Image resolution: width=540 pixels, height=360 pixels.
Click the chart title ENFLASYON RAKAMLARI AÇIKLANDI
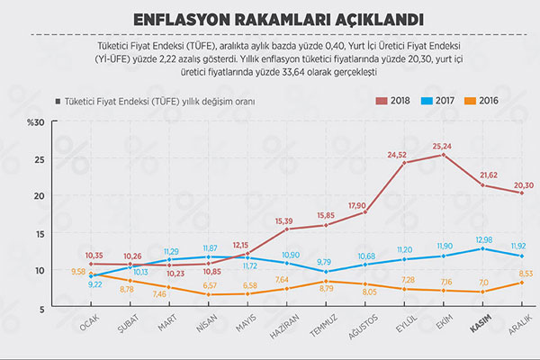pyautogui.click(x=270, y=17)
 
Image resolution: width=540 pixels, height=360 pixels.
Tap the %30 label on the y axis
pyautogui.click(x=34, y=122)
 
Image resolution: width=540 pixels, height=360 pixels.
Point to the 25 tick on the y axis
pyautogui.click(x=38, y=158)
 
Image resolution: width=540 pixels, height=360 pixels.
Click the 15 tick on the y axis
pyautogui.click(x=38, y=233)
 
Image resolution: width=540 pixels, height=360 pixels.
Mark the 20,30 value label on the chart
pyautogui.click(x=523, y=184)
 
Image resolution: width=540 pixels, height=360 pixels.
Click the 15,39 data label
pyautogui.click(x=284, y=220)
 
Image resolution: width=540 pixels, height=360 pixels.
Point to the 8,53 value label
pyautogui.click(x=525, y=274)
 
